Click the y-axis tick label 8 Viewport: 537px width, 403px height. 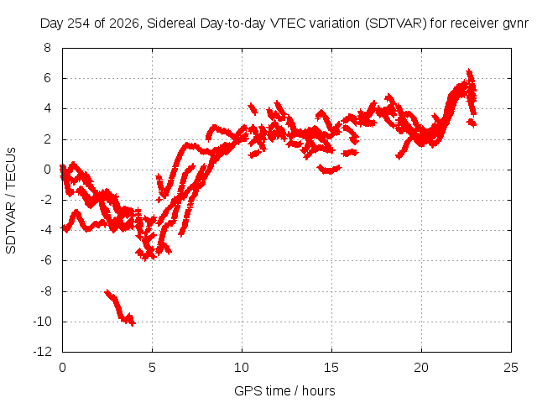(x=47, y=48)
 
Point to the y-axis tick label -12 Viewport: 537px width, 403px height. (x=43, y=352)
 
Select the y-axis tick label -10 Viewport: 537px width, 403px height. (x=43, y=322)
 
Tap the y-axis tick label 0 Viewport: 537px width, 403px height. (x=47, y=170)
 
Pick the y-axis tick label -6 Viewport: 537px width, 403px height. (x=44, y=260)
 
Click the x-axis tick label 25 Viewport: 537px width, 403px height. (x=511, y=368)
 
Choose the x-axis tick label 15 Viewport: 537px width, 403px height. (x=331, y=368)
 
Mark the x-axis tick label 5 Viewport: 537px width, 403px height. (x=152, y=368)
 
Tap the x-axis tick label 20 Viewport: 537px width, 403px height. (x=421, y=368)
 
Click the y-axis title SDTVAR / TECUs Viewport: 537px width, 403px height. (x=11, y=201)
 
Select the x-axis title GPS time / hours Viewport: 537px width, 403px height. (x=284, y=390)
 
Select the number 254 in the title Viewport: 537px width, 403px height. (x=79, y=24)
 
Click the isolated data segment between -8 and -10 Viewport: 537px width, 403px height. (x=120, y=308)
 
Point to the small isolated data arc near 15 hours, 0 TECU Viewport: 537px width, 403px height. (x=329, y=169)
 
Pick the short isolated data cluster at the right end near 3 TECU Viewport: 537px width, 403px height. (x=472, y=123)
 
